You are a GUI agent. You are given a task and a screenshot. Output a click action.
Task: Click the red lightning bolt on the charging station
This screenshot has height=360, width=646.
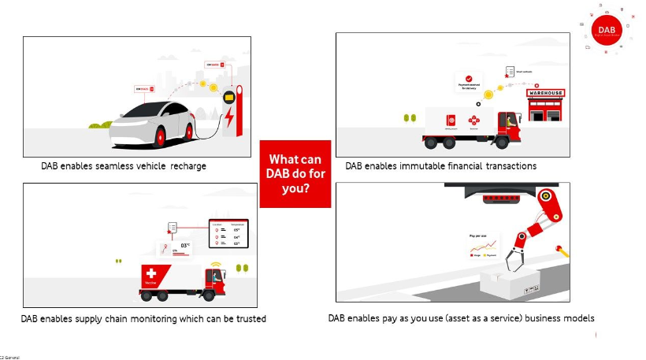click(x=230, y=121)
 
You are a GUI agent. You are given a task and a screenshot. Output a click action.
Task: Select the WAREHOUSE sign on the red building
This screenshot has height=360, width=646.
click(x=545, y=93)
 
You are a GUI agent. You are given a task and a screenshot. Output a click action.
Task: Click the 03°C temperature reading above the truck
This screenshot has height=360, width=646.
click(x=186, y=245)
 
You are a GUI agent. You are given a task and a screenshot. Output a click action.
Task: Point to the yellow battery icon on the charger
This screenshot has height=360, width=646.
click(x=228, y=97)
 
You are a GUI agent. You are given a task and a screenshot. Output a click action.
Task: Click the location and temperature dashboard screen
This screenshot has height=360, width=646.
click(x=227, y=234)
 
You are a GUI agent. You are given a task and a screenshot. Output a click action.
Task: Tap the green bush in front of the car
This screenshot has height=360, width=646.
click(x=98, y=126)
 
